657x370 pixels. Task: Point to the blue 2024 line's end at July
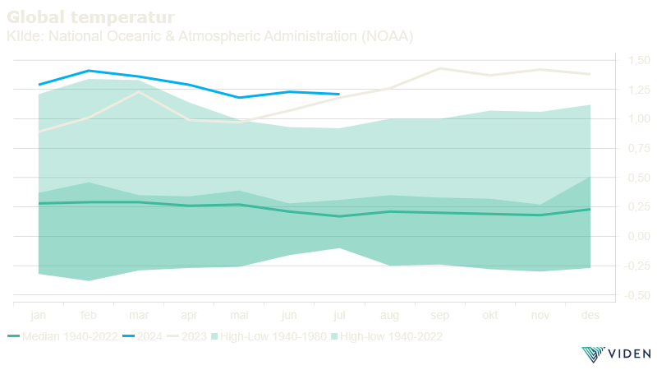[x=339, y=94]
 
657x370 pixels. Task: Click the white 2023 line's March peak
[x=139, y=92]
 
